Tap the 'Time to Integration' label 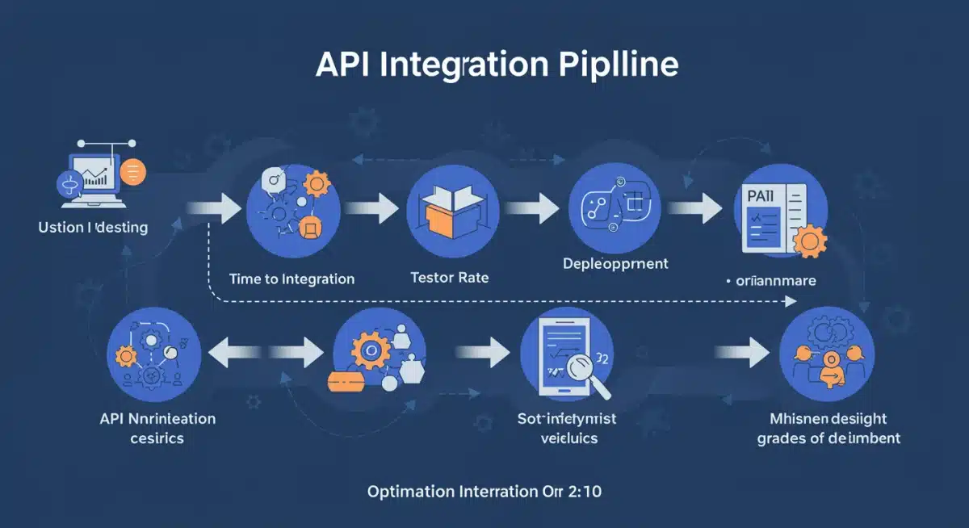coord(292,279)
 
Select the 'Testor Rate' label coord(450,278)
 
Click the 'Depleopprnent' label coord(615,263)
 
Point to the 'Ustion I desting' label coord(93,228)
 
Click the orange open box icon coord(449,208)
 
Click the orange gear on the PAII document coord(809,241)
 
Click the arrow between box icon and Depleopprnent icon coord(531,209)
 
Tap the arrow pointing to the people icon coord(743,352)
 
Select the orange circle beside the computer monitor coord(132,170)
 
